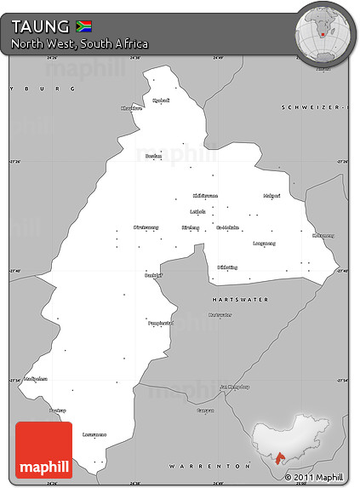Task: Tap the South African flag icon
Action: click(x=84, y=26)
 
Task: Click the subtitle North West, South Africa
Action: click(x=79, y=43)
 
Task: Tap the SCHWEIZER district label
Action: click(x=314, y=108)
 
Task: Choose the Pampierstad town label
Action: click(x=161, y=323)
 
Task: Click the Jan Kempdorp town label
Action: click(x=235, y=386)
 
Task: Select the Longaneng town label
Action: click(x=264, y=243)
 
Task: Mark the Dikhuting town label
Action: click(x=228, y=267)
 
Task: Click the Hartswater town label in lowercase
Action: click(x=220, y=315)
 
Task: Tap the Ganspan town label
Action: click(x=205, y=410)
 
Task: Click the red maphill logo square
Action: click(x=44, y=450)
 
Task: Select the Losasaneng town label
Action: click(x=94, y=434)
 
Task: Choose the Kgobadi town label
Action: click(x=161, y=100)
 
